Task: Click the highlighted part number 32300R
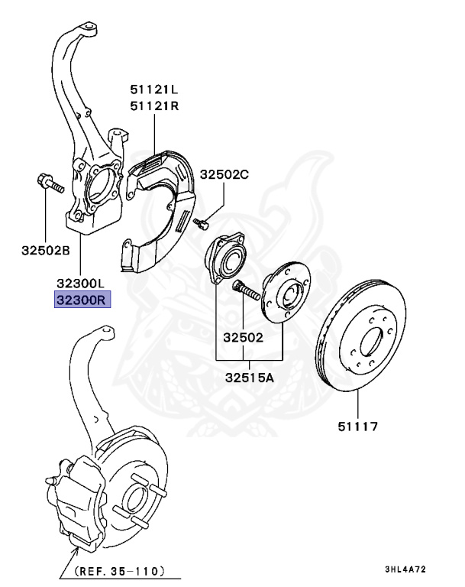82,299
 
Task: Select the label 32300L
81,282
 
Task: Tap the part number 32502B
46,249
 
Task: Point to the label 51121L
153,89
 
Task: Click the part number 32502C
224,174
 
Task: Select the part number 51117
358,426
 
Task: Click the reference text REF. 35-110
119,570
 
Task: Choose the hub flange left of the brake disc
284,295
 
